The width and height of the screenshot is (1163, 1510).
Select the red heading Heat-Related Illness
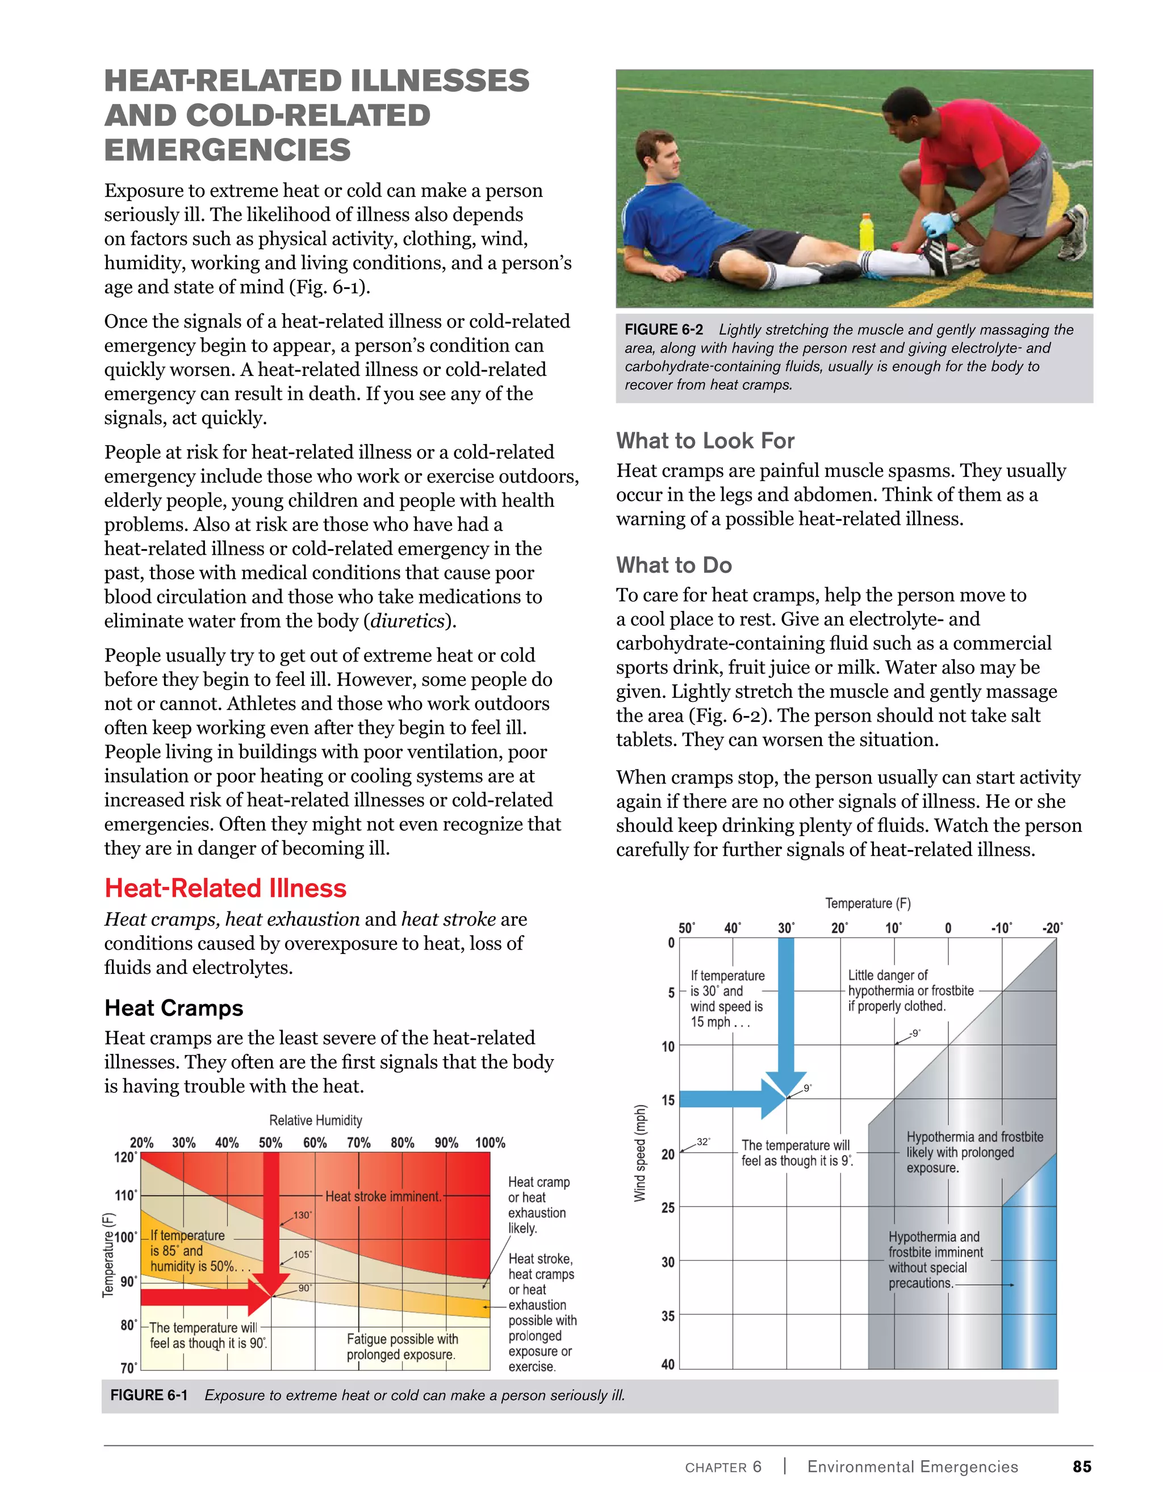coord(225,888)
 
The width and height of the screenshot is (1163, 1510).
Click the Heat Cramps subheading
coord(174,1008)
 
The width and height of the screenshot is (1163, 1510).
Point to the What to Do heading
coord(673,565)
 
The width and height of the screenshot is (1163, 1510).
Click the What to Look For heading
coord(705,441)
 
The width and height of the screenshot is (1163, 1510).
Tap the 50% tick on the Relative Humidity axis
coord(270,1143)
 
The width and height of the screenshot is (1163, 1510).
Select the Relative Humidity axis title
coord(315,1120)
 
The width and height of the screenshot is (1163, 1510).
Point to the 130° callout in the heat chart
coord(303,1215)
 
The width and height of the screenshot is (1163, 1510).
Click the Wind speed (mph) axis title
coord(640,1153)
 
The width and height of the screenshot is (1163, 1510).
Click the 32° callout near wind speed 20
coord(703,1141)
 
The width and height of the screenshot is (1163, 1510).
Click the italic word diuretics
coord(407,621)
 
